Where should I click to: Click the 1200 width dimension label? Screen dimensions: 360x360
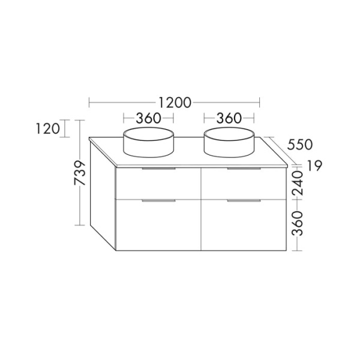[175, 103]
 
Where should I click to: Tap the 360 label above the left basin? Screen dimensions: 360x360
[148, 118]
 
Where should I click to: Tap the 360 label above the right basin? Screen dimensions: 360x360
[229, 118]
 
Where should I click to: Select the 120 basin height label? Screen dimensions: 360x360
[48, 128]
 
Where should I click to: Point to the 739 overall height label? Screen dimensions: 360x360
[80, 173]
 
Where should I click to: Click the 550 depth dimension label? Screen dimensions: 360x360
[300, 145]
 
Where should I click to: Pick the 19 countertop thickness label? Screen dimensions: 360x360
[315, 166]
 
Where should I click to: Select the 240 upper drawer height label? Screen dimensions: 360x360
[298, 183]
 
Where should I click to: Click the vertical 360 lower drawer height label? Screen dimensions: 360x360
[298, 224]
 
